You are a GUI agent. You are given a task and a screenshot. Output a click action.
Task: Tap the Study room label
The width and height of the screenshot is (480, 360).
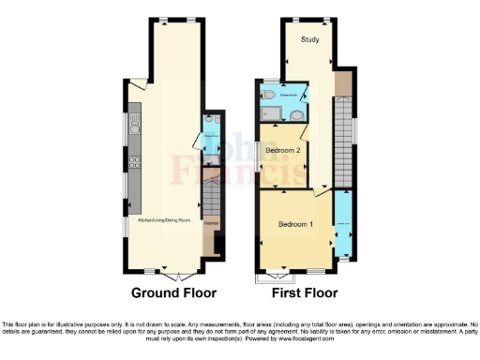(x=309, y=39)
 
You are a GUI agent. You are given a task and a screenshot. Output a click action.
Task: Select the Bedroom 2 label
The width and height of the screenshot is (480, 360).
(x=282, y=151)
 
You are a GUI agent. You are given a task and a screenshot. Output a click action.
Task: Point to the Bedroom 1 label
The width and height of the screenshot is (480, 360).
(x=296, y=225)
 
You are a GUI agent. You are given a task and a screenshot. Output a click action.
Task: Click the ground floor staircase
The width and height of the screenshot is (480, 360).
(x=211, y=197)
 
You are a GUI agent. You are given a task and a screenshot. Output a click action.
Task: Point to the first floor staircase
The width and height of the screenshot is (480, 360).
(x=343, y=141)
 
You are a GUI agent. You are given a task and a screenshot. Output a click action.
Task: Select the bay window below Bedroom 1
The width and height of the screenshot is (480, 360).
(x=276, y=276)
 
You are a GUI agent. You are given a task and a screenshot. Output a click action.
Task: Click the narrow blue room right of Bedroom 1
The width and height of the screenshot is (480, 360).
(x=343, y=225)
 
